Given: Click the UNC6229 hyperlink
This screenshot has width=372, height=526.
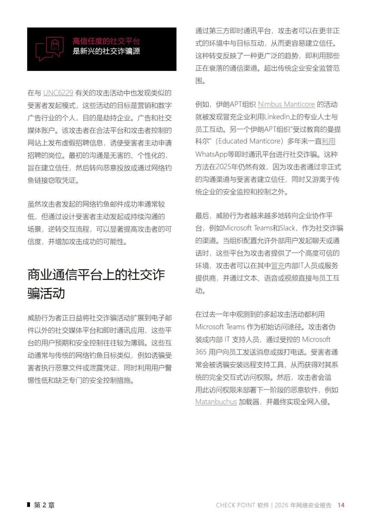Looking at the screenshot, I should [58, 93].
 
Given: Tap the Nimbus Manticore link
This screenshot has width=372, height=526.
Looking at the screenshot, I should [286, 104].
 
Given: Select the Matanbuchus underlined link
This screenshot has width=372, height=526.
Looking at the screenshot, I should [216, 402].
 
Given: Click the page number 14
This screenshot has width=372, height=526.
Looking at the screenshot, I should [341, 505].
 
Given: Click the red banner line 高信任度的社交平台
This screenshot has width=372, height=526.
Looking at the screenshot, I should [106, 41].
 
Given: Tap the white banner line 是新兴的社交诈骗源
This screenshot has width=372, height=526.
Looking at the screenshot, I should [106, 51].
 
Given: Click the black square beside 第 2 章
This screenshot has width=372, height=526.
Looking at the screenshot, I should [29, 505].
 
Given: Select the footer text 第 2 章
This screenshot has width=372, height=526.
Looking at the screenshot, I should [44, 505].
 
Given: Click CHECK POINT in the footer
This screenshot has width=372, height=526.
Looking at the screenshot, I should [235, 505].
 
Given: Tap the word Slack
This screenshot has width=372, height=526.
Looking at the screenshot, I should [287, 228].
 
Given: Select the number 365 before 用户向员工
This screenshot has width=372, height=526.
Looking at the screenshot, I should [201, 352].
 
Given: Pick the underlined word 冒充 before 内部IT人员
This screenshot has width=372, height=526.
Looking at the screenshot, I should [278, 266].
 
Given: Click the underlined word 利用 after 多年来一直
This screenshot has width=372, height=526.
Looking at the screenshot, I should [328, 142].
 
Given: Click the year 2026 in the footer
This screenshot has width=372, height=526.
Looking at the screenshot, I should [281, 505].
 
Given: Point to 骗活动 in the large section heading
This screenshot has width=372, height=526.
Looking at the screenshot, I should [46, 293].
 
